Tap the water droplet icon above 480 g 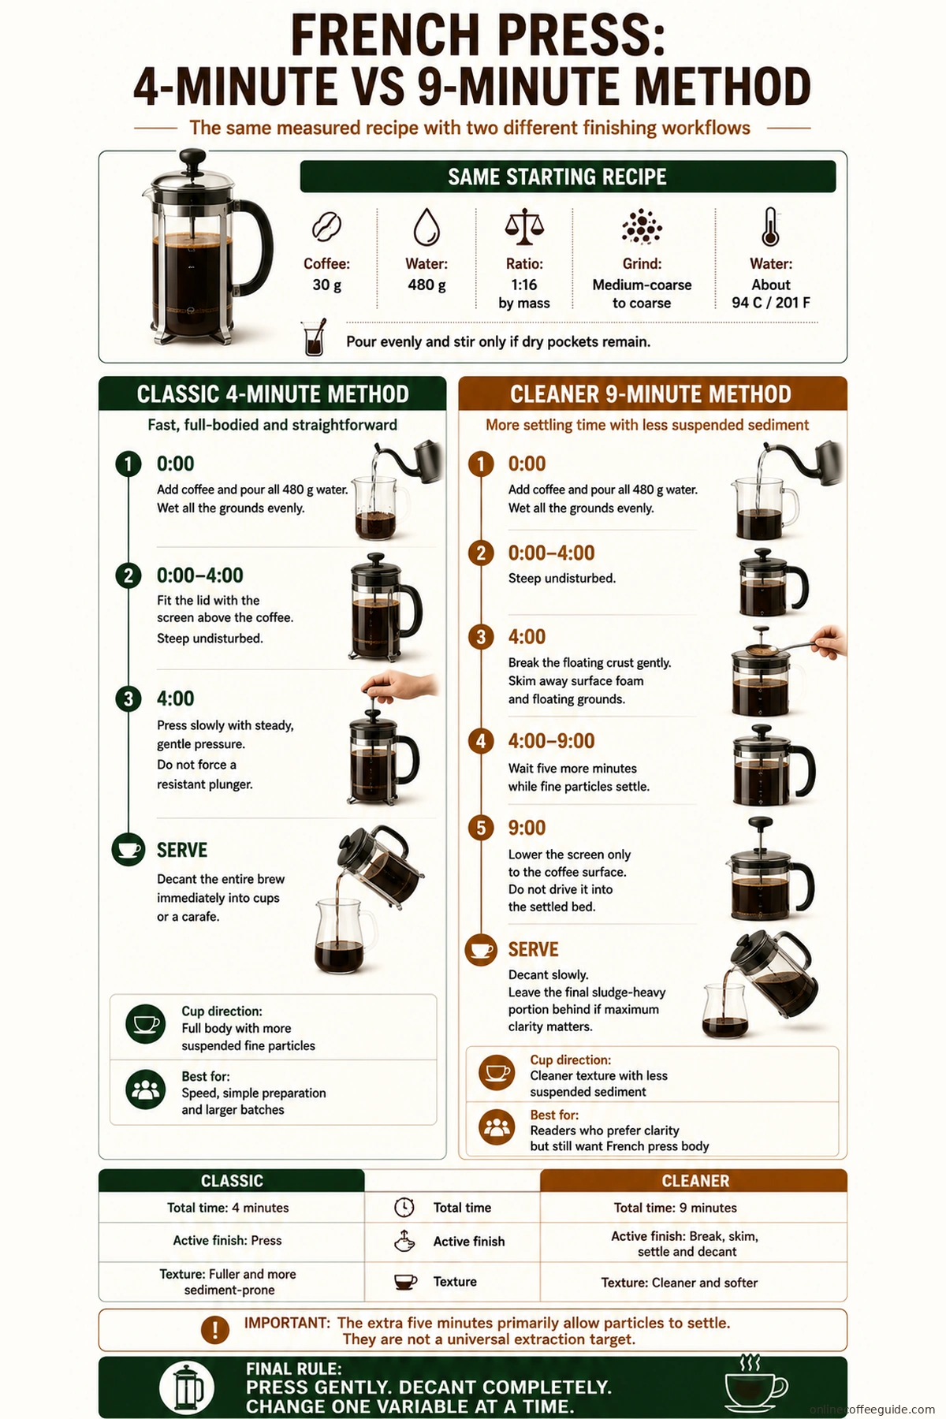(x=426, y=227)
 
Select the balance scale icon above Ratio (x=524, y=227)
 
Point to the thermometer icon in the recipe (x=771, y=227)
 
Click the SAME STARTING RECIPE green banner (x=568, y=177)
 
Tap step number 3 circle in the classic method (x=128, y=699)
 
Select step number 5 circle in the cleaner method (x=481, y=828)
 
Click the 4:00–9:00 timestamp (x=551, y=741)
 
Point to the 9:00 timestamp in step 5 (x=527, y=828)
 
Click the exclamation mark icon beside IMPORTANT (x=214, y=1330)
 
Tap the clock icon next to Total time (x=404, y=1208)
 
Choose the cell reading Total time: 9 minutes (x=676, y=1208)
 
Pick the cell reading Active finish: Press (x=227, y=1241)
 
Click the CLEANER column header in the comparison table (x=694, y=1180)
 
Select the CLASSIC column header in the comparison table (x=232, y=1180)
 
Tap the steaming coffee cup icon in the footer (x=754, y=1384)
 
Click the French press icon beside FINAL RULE (x=188, y=1387)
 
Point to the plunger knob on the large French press (x=192, y=158)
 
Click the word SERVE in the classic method (x=182, y=850)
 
